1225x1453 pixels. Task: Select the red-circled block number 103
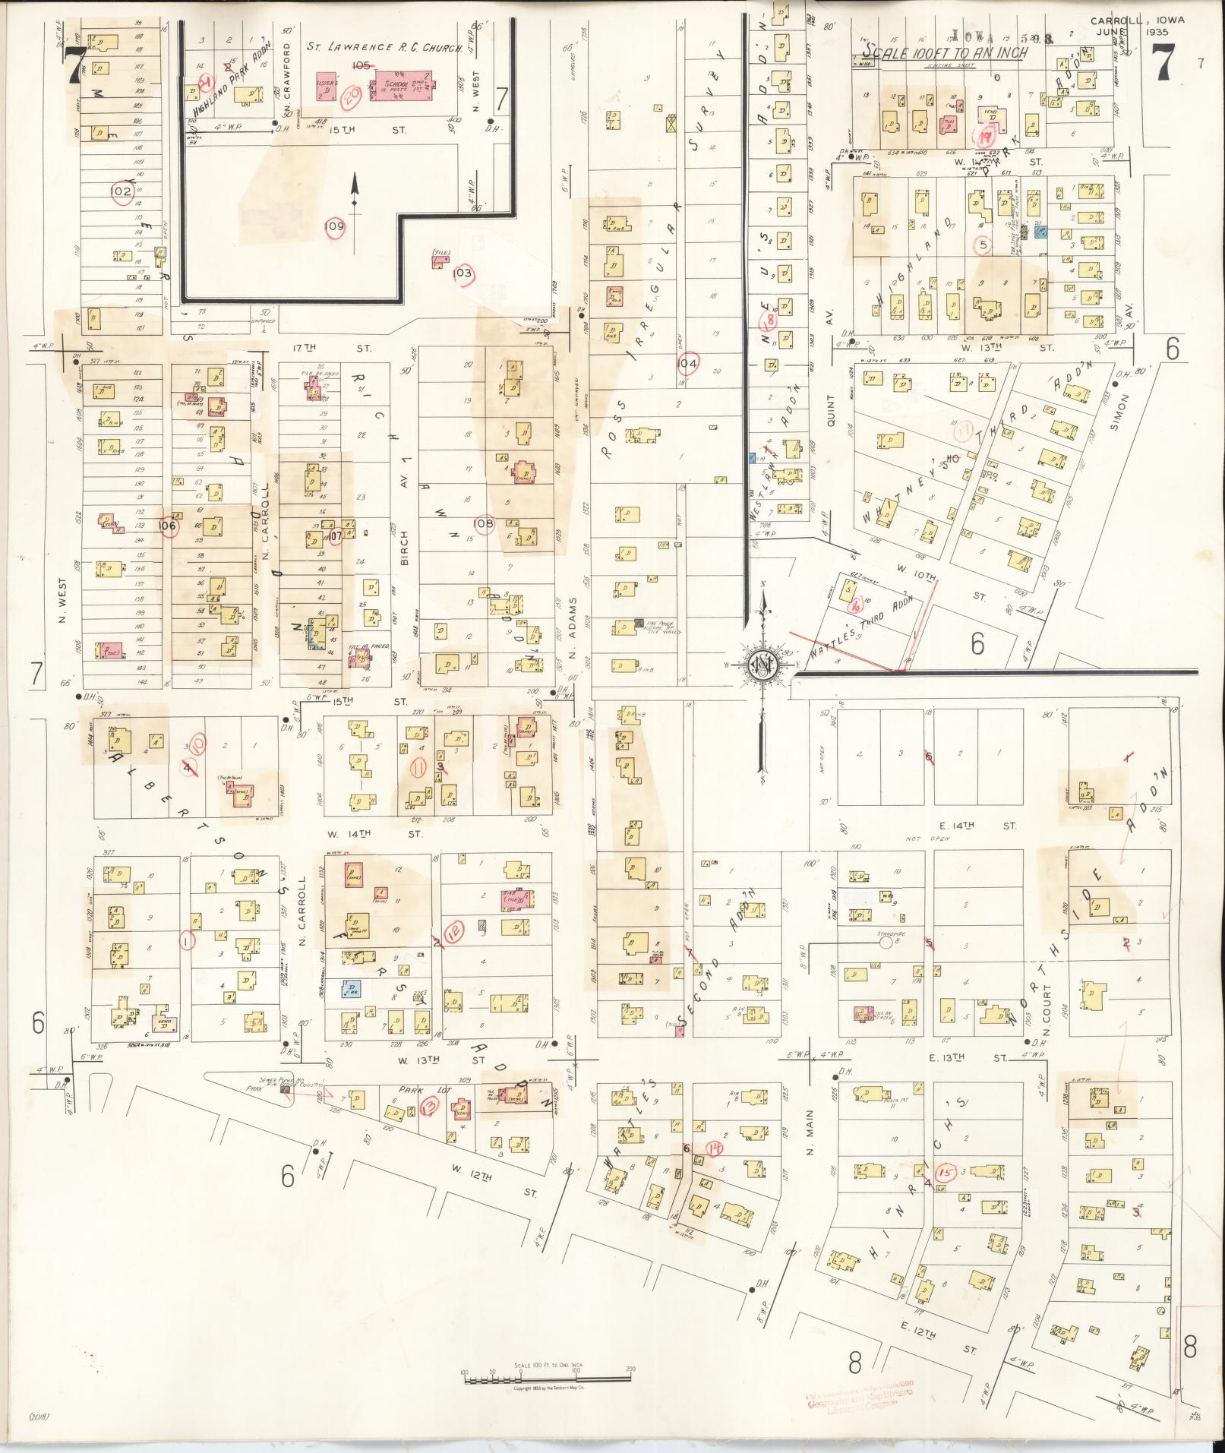pos(463,273)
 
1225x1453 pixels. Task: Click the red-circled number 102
pos(122,191)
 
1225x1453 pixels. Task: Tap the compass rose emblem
pos(760,665)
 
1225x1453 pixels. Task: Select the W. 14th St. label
pos(387,833)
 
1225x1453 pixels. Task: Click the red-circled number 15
pos(946,1172)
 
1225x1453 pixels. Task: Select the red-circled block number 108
pos(483,523)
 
